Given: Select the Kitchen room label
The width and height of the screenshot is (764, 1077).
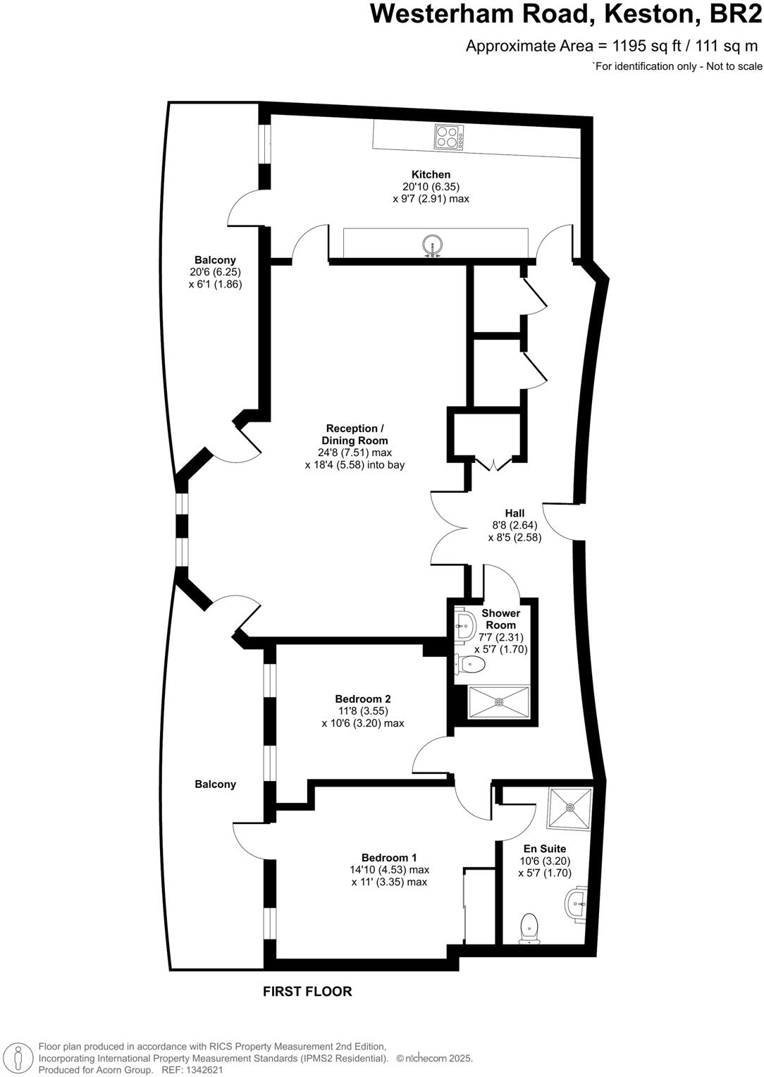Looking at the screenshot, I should pyautogui.click(x=431, y=175).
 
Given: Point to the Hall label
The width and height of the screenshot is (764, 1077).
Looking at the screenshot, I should pyautogui.click(x=515, y=513).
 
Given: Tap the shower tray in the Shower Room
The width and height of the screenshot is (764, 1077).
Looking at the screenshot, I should pyautogui.click(x=499, y=701).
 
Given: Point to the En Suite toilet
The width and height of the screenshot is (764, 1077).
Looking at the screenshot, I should pyautogui.click(x=529, y=928).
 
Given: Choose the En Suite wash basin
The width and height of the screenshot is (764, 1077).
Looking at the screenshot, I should pyautogui.click(x=577, y=903).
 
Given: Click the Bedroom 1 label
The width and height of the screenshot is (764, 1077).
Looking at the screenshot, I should pyautogui.click(x=389, y=857).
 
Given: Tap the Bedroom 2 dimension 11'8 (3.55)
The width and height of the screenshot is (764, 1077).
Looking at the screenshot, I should pyautogui.click(x=362, y=711).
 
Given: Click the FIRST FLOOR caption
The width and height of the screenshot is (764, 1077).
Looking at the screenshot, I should pyautogui.click(x=307, y=991).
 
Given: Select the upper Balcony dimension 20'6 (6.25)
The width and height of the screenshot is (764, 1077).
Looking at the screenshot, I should pyautogui.click(x=215, y=272).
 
